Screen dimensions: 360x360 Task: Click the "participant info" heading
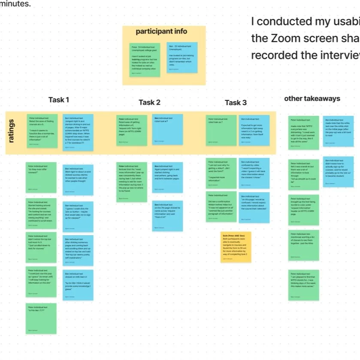(x=161, y=31)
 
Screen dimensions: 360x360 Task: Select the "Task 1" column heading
(x=59, y=100)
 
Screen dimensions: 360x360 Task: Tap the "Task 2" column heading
(x=149, y=102)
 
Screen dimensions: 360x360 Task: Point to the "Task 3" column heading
(x=236, y=102)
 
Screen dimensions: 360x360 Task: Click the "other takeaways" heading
(x=312, y=98)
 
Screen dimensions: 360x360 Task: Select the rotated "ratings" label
(x=12, y=131)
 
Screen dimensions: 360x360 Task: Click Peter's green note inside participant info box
(x=145, y=60)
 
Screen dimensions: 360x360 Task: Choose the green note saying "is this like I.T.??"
(x=41, y=318)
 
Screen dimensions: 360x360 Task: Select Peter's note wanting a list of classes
(x=304, y=245)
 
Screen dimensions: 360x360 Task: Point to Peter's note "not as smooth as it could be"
(x=304, y=174)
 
